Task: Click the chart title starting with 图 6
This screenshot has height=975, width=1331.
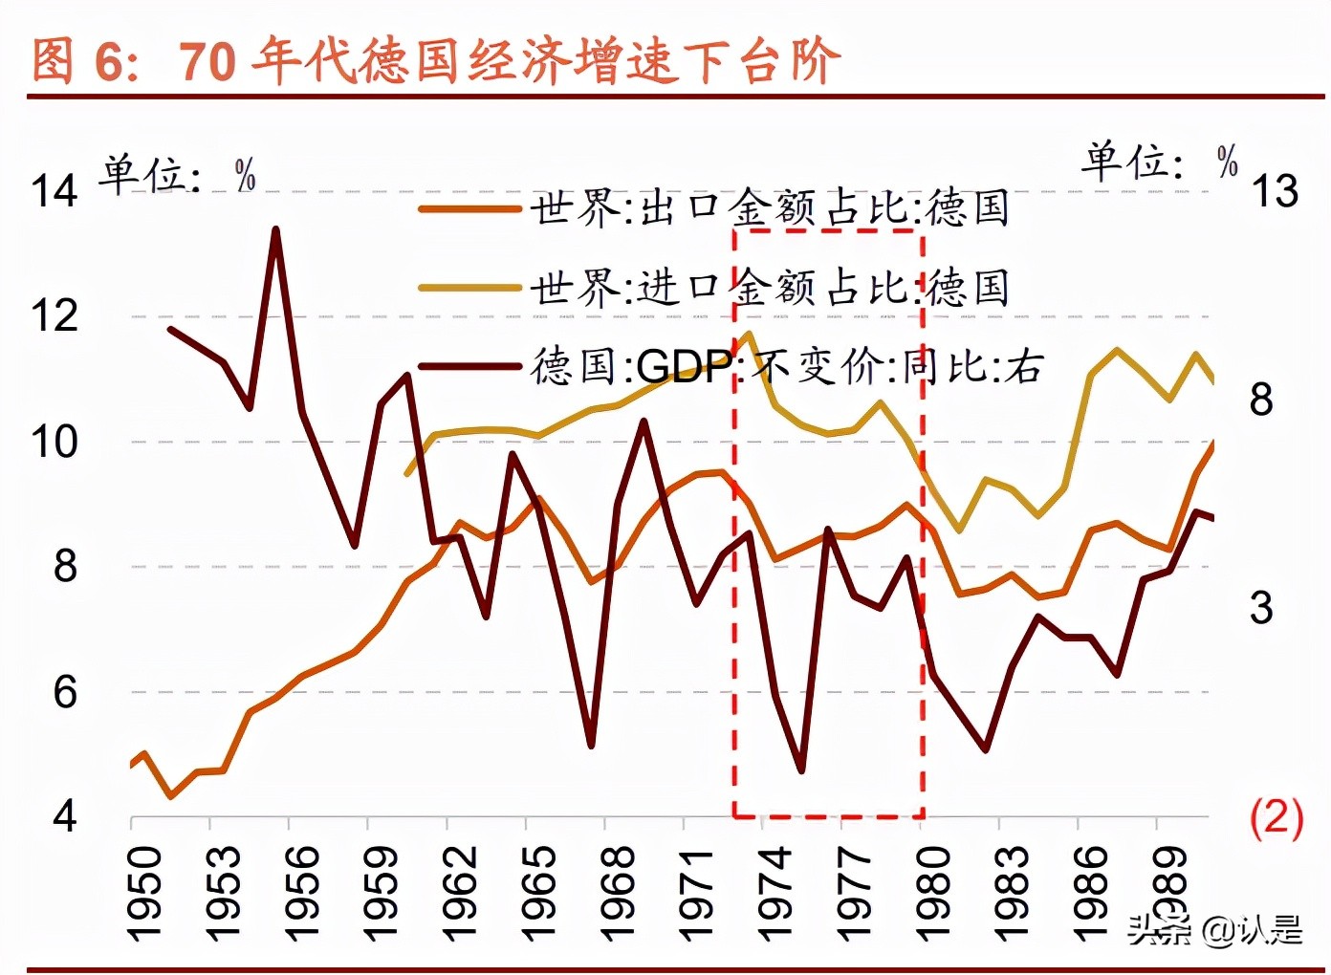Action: (x=436, y=60)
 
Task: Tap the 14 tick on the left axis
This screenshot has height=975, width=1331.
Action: (x=55, y=191)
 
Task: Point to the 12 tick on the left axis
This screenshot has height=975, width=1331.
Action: (x=55, y=316)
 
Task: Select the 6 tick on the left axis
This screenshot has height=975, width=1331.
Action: (x=65, y=692)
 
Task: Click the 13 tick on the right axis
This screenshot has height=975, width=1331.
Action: (x=1276, y=191)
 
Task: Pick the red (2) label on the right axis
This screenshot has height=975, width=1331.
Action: (x=1276, y=818)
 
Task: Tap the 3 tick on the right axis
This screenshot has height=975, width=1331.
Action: (x=1262, y=608)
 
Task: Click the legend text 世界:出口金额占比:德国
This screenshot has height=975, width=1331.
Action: (x=770, y=208)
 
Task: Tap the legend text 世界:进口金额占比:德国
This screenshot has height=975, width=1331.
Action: (x=770, y=287)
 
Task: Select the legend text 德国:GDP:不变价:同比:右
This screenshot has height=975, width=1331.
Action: (x=787, y=366)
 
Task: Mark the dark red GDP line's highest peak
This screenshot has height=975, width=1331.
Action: (x=275, y=229)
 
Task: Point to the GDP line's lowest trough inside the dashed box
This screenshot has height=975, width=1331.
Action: (x=801, y=770)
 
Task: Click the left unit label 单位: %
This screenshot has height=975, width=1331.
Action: (x=178, y=174)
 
